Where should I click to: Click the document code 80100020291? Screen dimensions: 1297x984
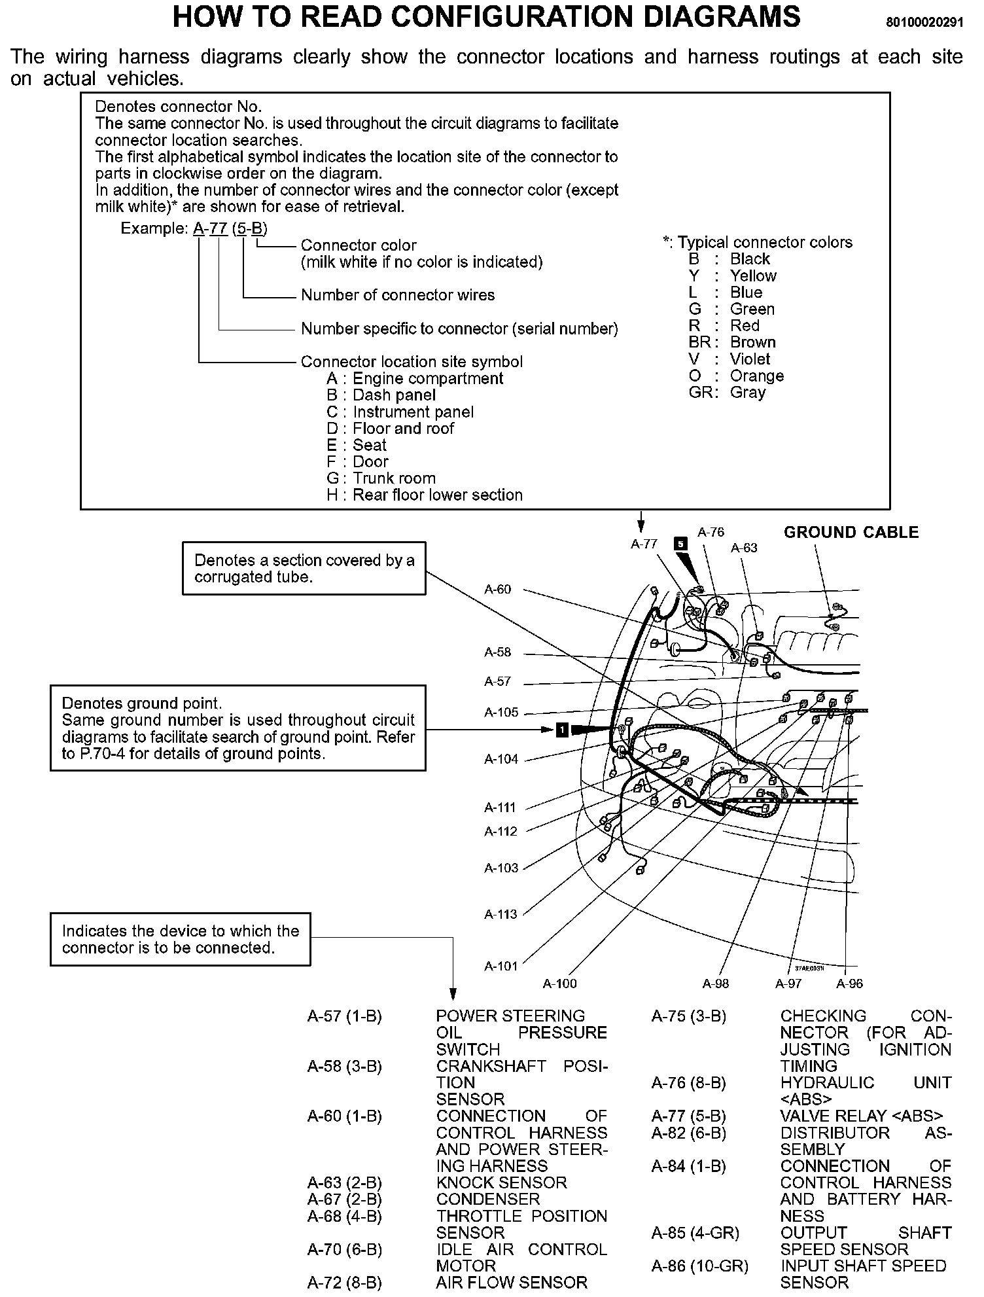pyautogui.click(x=924, y=22)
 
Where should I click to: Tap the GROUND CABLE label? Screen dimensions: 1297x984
pyautogui.click(x=851, y=533)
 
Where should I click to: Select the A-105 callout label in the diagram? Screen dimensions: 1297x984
pyautogui.click(x=501, y=712)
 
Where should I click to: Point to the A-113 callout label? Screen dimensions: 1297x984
pyautogui.click(x=501, y=914)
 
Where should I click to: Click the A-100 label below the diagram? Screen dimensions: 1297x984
pyautogui.click(x=560, y=984)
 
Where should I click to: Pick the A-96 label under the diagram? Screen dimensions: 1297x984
pyautogui.click(x=849, y=984)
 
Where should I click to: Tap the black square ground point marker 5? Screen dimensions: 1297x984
pyautogui.click(x=681, y=544)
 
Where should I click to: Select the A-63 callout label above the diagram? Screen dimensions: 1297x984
pyautogui.click(x=744, y=548)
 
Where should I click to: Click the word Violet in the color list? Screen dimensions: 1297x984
pyautogui.click(x=750, y=359)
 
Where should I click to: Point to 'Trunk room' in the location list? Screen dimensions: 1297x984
pyautogui.click(x=394, y=478)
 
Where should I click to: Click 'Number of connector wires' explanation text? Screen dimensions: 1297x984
pyautogui.click(x=398, y=295)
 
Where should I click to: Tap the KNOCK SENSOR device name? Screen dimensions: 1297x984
pyautogui.click(x=501, y=1182)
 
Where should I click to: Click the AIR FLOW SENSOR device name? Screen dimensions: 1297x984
pyautogui.click(x=512, y=1283)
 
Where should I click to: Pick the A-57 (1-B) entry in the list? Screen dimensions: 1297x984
pyautogui.click(x=344, y=1016)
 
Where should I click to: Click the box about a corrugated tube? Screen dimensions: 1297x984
pyautogui.click(x=304, y=568)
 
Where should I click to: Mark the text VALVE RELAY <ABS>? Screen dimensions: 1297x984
pyautogui.click(x=861, y=1116)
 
